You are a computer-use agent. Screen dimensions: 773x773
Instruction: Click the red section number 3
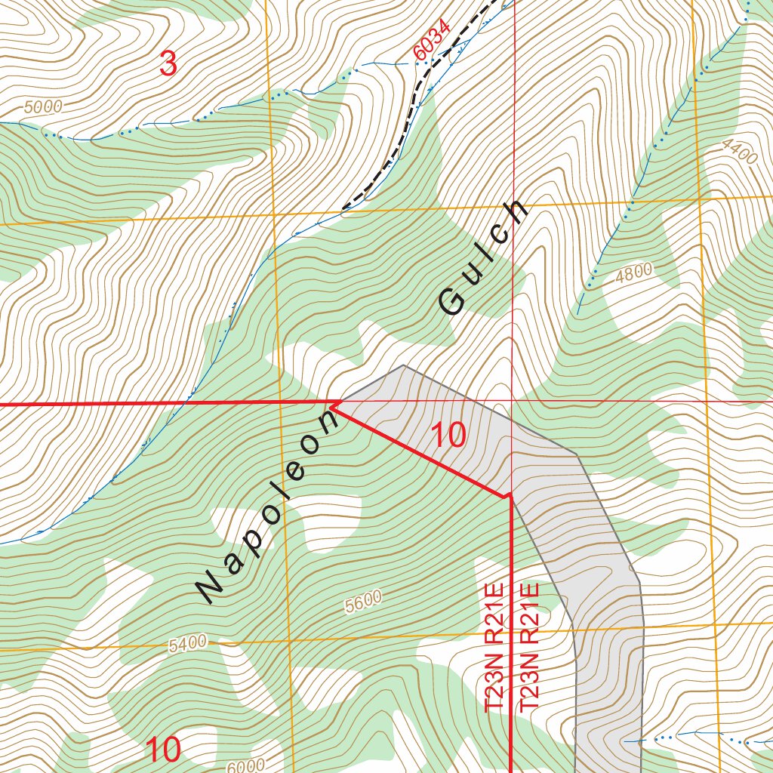point(168,63)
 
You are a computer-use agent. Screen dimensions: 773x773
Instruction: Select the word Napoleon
point(270,506)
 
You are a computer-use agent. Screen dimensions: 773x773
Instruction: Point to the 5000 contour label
point(43,107)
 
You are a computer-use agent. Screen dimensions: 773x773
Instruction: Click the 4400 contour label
point(739,153)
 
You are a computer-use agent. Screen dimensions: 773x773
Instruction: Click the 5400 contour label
point(187,644)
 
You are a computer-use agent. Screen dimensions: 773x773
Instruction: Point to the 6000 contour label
point(245,765)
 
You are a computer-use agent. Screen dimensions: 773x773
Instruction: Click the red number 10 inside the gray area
point(448,436)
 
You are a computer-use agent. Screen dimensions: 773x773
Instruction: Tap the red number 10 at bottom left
point(163,750)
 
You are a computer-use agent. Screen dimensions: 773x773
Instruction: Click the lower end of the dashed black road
point(344,208)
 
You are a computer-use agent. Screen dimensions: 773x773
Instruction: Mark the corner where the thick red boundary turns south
point(511,497)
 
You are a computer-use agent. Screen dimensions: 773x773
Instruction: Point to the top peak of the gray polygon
point(403,366)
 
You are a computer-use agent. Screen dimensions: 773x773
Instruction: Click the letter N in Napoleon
point(211,586)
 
